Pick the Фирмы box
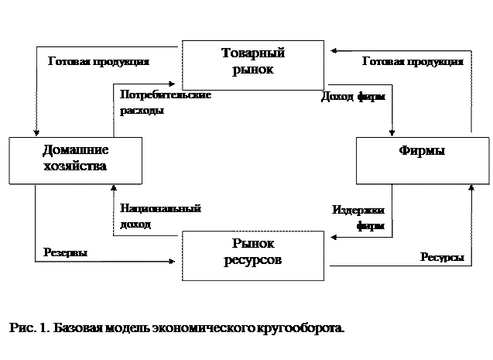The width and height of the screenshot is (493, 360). tap(421, 159)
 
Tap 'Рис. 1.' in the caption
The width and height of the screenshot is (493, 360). tap(30, 328)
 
